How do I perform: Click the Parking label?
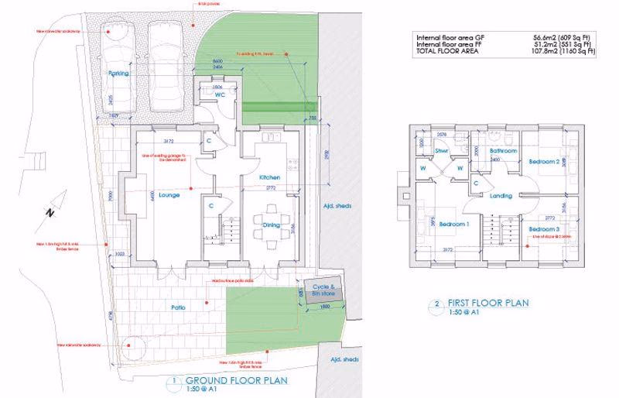point(118,74)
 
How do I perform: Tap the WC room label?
point(208,95)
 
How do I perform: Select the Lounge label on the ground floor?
point(169,196)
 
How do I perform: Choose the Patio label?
point(177,308)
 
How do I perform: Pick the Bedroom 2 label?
point(544,162)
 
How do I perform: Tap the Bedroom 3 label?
point(544,230)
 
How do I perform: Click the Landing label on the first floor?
point(502,196)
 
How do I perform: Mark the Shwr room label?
point(443,152)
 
